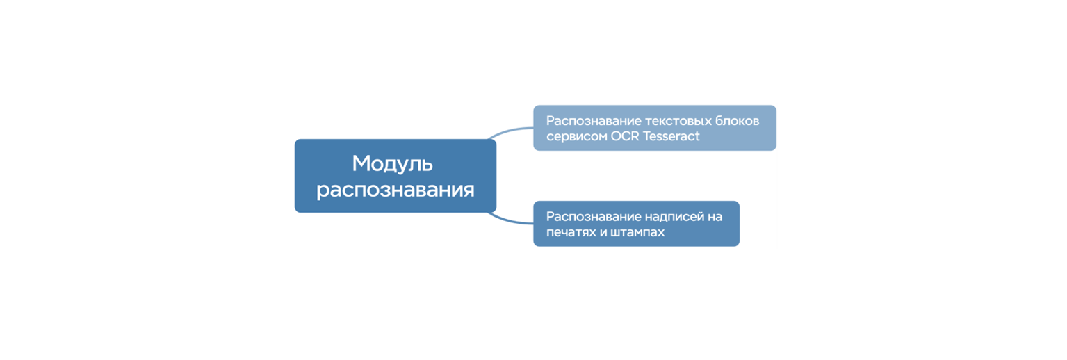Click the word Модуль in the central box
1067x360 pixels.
point(392,164)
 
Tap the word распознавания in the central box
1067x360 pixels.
point(395,190)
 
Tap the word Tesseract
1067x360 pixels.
point(671,136)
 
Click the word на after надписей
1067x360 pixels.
point(715,217)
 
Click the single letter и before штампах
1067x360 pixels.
point(602,232)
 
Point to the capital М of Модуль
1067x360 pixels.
point(360,164)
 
